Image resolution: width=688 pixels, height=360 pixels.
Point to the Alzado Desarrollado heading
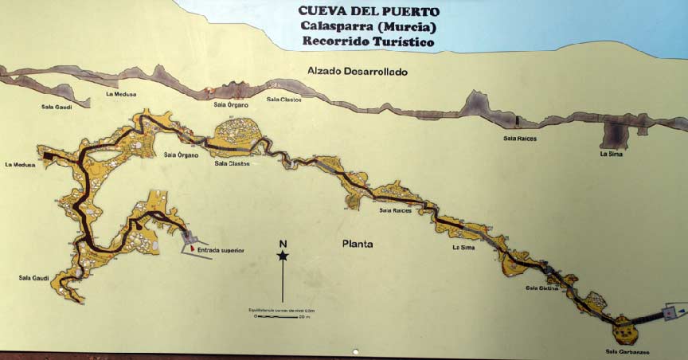(358, 72)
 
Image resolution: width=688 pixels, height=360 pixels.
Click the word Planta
(357, 245)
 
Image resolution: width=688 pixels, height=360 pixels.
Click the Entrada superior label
(221, 250)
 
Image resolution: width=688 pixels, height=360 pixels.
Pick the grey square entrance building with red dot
(670, 311)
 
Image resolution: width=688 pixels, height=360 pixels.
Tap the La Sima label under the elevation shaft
(611, 154)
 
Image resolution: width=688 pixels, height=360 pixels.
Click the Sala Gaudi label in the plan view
(34, 278)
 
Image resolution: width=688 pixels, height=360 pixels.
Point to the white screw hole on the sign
(354, 351)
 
